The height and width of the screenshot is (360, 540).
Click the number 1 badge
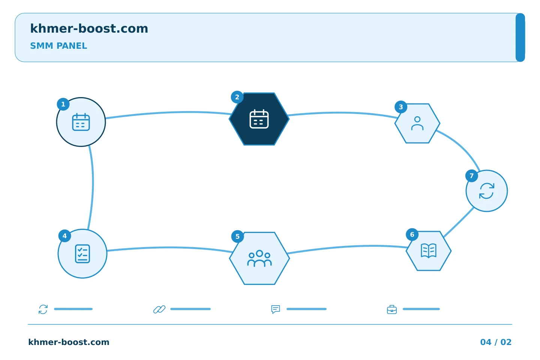63,104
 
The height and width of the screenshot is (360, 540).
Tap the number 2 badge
237,97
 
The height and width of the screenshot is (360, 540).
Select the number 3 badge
401,107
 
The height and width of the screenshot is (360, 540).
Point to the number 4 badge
64,236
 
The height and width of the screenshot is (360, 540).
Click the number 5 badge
237,237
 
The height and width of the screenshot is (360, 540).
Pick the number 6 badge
412,234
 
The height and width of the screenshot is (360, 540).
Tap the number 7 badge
472,176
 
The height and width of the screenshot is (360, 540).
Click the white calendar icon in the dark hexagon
259,119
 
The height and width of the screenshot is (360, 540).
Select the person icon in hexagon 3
417,123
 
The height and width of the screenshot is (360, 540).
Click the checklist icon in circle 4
82,253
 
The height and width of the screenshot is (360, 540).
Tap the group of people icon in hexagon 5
259,258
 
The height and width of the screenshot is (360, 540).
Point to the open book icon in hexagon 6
429,251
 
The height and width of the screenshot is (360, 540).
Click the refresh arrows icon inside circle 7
487,191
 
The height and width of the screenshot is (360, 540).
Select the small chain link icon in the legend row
159,309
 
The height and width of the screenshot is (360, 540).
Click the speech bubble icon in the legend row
276,309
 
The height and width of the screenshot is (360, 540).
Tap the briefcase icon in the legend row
392,310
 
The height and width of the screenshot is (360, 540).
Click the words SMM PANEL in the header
58,46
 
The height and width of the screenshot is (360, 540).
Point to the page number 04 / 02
496,342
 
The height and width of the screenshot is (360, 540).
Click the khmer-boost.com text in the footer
69,342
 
